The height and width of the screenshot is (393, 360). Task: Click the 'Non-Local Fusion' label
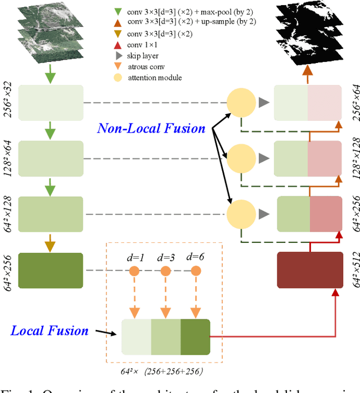click(x=151, y=129)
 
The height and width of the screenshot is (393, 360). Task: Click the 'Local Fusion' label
click(x=50, y=330)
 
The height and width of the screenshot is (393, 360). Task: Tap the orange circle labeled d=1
click(x=134, y=271)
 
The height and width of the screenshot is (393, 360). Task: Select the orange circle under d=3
click(x=165, y=271)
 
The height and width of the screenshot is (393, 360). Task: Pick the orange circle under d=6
click(x=196, y=271)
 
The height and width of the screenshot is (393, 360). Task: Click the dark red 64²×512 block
click(x=310, y=270)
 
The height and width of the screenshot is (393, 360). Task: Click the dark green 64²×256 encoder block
click(x=51, y=270)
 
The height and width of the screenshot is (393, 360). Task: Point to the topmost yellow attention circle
click(x=241, y=102)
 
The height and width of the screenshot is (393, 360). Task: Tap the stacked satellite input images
click(x=50, y=35)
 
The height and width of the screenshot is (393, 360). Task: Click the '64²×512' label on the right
click(x=354, y=270)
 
